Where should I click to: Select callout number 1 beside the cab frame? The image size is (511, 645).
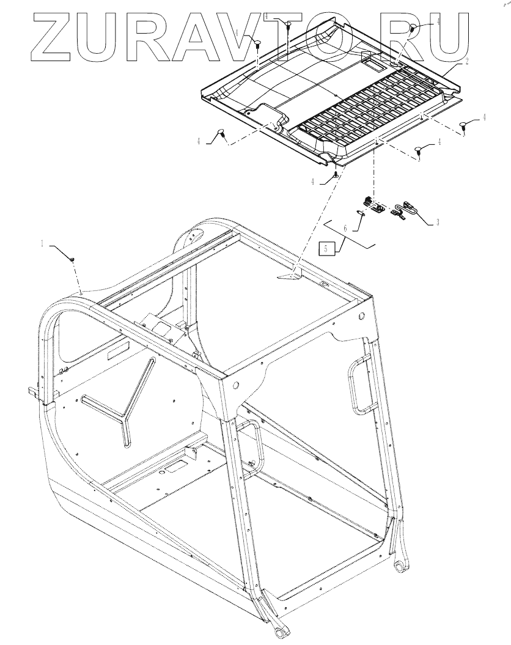point(43,243)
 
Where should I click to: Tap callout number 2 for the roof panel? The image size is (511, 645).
point(467,62)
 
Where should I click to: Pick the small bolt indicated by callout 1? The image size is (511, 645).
point(73,260)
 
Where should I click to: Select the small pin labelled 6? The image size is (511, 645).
point(362,213)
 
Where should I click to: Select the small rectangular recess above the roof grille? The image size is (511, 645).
point(372,59)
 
